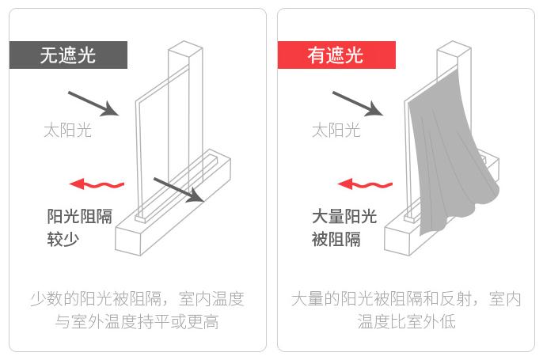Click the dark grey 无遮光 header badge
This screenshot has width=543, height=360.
coord(68,55)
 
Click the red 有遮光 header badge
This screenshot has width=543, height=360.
coord(336,55)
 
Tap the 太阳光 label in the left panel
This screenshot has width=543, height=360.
coord(67,130)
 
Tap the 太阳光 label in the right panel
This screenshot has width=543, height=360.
coord(336,130)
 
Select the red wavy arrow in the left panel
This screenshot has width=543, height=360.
coord(97,184)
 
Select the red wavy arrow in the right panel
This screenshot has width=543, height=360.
coord(365,184)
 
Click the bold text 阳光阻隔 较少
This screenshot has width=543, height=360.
coord(79,227)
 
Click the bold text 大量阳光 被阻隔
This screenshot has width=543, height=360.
coord(344,227)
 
